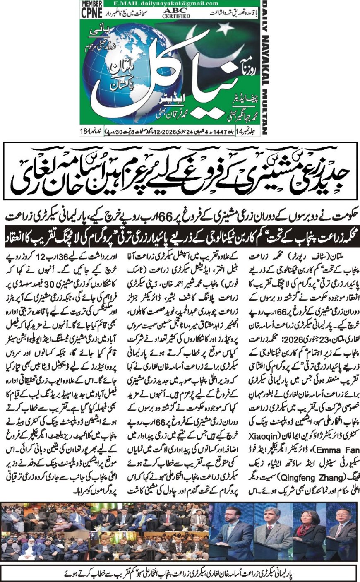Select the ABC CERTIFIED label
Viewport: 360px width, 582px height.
pos(177,13)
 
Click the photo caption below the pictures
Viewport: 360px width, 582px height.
pos(180,575)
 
